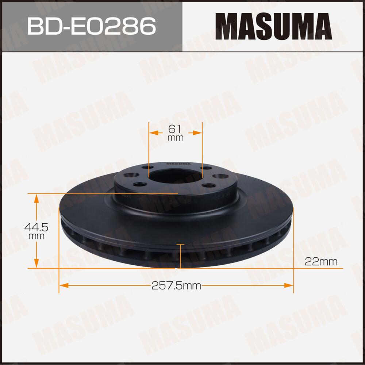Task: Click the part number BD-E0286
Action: click(92, 26)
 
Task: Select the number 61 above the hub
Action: click(175, 129)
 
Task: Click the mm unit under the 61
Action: click(175, 138)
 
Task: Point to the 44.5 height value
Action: click(36, 227)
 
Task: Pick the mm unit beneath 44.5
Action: click(36, 236)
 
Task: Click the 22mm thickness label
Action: click(320, 261)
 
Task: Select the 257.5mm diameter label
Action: click(176, 285)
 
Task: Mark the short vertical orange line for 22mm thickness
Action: click(180, 255)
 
